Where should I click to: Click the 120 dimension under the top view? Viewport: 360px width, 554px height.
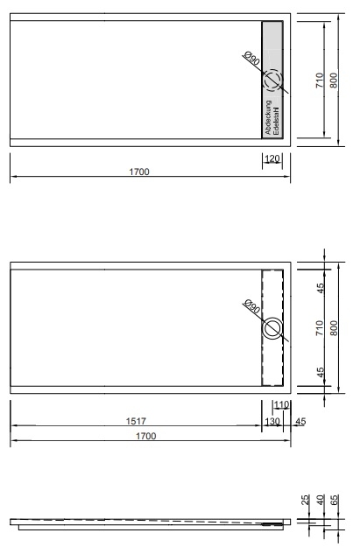272,158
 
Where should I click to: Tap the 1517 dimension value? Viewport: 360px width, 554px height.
136,421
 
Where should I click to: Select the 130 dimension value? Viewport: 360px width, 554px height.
272,421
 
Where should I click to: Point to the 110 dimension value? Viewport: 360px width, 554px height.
281,404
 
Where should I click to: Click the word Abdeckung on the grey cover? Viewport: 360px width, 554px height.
268,117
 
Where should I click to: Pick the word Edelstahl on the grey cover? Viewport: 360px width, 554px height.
277,121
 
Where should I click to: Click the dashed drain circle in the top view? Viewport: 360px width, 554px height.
272,80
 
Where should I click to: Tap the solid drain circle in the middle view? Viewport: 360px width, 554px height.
272,328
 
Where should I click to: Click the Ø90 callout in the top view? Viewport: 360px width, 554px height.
251,59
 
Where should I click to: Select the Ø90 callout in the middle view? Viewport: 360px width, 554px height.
251,306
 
